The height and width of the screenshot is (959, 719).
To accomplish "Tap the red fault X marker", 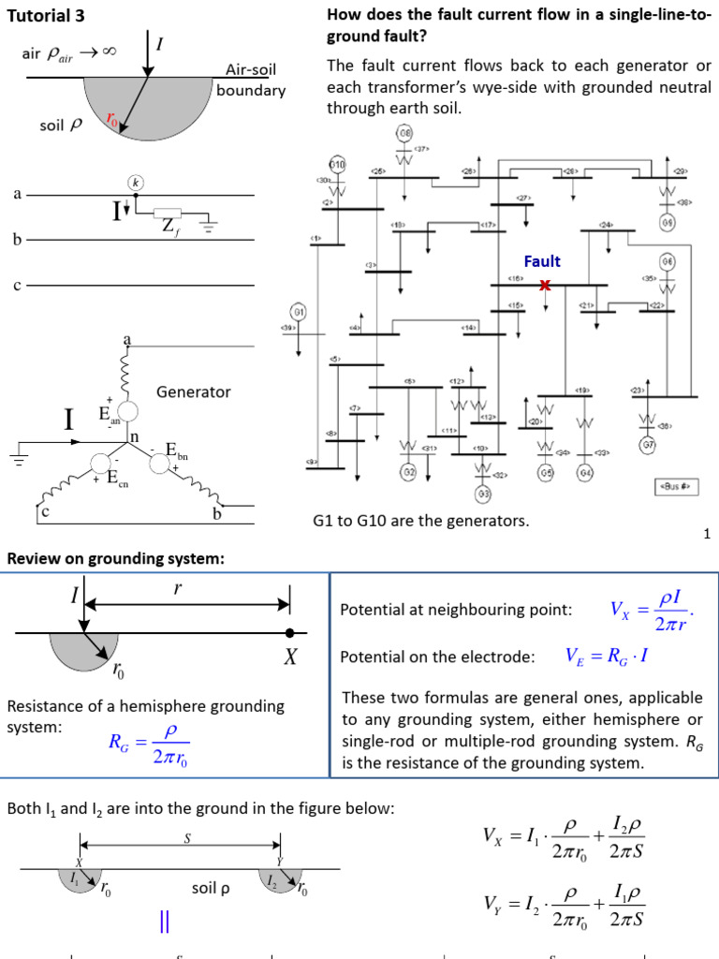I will tap(545, 286).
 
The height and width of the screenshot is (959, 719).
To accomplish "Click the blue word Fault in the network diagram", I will tap(542, 262).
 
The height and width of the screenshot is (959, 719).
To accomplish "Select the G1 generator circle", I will tap(300, 312).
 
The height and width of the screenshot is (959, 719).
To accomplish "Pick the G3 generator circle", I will tap(484, 493).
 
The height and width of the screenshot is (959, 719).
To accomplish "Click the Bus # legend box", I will tap(673, 487).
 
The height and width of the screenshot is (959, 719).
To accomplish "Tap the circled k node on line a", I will tap(136, 182).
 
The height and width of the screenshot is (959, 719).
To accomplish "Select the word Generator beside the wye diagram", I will tap(193, 391).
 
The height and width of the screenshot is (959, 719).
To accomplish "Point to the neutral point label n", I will tap(133, 436).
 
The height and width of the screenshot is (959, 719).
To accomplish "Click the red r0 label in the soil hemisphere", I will tap(112, 119).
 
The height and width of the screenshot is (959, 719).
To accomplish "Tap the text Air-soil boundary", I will tap(251, 80).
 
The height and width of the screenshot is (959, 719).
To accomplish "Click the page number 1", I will tap(708, 534).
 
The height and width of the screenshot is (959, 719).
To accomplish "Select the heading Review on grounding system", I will tap(116, 559).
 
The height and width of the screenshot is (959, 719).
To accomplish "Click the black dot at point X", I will tap(290, 633).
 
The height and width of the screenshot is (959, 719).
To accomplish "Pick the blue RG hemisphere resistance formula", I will tap(150, 743).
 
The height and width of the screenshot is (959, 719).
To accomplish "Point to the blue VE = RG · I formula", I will tap(607, 657).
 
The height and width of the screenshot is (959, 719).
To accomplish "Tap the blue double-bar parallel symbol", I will tap(165, 922).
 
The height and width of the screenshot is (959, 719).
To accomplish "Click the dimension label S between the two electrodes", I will tap(187, 839).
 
